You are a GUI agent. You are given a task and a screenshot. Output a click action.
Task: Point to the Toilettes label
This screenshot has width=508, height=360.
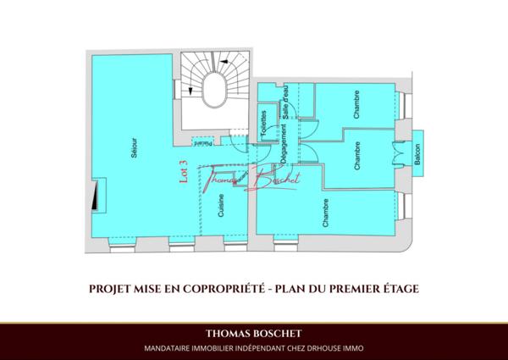(265, 125)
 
